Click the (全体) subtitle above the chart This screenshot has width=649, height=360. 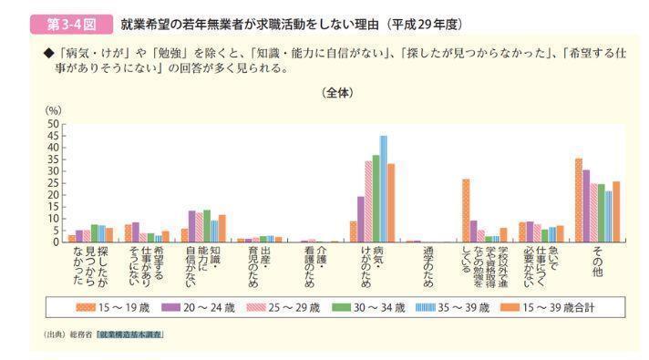coord(337,93)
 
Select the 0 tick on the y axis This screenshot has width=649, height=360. coord(55,242)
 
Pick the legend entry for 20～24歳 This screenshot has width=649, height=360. coord(206,307)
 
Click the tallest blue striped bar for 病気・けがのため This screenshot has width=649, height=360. coord(384,189)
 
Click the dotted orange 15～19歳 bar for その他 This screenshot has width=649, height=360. coord(579,201)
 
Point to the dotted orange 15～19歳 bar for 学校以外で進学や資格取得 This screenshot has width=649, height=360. coord(466,211)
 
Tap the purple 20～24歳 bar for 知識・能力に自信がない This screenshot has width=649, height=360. coord(191,226)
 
